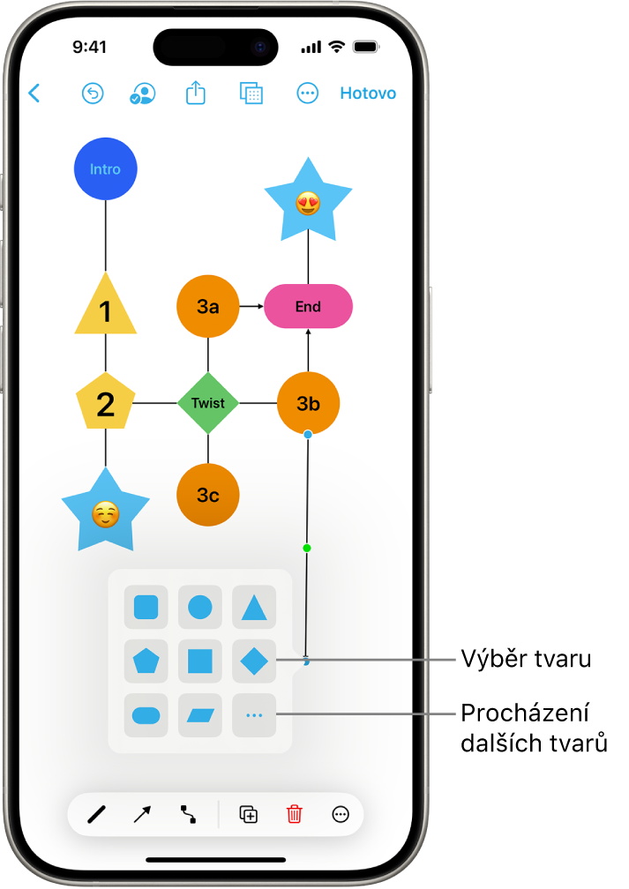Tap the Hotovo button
click(368, 93)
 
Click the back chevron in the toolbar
click(34, 93)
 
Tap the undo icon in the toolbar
click(93, 93)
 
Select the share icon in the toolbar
click(196, 93)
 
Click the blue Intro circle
click(106, 169)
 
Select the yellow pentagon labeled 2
click(106, 403)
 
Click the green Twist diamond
click(208, 403)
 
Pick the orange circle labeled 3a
click(208, 307)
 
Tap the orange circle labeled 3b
click(308, 403)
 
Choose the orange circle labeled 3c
click(208, 495)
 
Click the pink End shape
click(309, 307)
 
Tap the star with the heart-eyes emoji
click(308, 203)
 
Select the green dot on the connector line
click(307, 549)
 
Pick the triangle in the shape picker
click(254, 608)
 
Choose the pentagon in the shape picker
click(146, 661)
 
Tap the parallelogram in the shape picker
click(200, 715)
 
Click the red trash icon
click(295, 815)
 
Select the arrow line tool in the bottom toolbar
click(142, 815)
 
